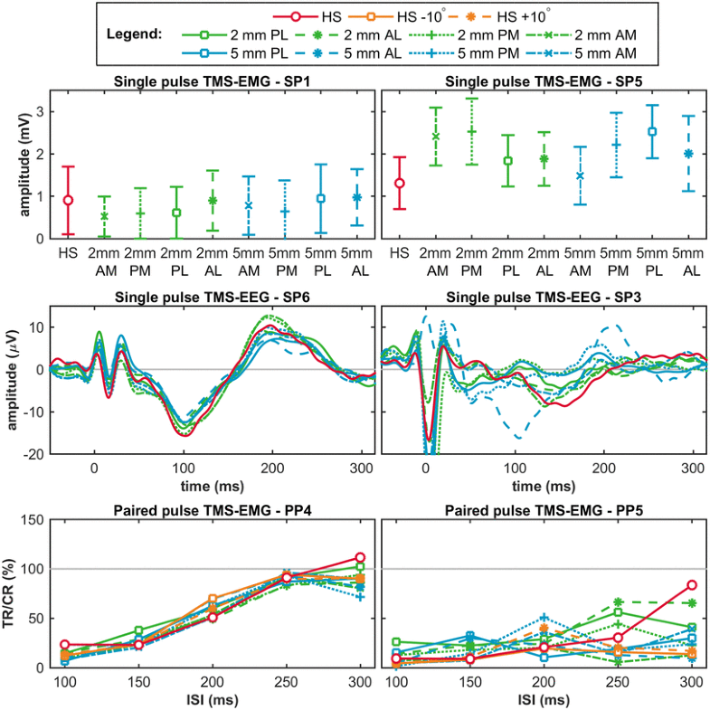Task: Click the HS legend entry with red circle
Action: coord(302,15)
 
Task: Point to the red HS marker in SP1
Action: coord(68,200)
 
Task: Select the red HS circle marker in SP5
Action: coord(400,184)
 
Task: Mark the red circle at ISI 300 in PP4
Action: coord(360,558)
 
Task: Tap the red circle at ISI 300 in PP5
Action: coord(692,585)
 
